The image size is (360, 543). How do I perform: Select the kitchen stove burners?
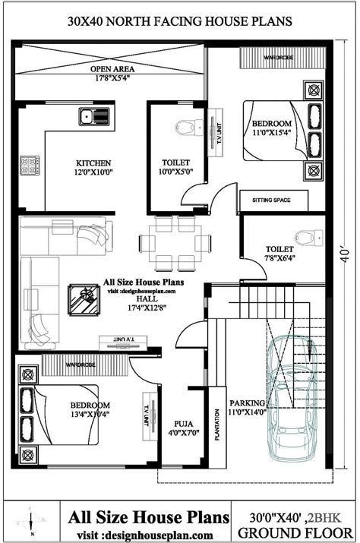click(x=31, y=164)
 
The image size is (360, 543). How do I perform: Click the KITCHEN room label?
click(x=93, y=163)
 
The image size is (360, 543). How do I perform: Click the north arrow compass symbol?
click(x=30, y=522)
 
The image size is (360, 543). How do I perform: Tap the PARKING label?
click(x=249, y=402)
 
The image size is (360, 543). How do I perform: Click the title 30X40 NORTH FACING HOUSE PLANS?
click(x=179, y=22)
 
